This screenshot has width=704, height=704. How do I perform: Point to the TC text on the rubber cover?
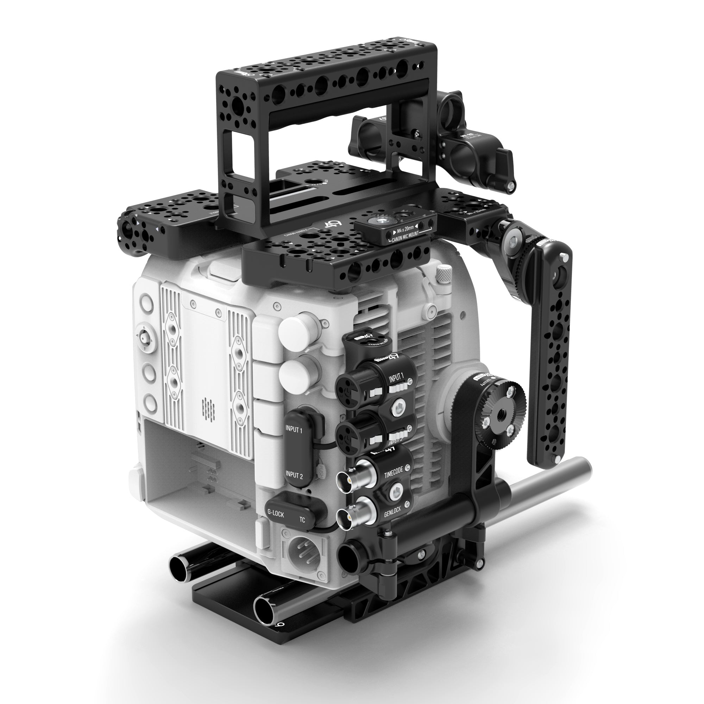[x=302, y=519]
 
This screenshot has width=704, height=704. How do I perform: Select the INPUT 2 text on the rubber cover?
[x=294, y=475]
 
